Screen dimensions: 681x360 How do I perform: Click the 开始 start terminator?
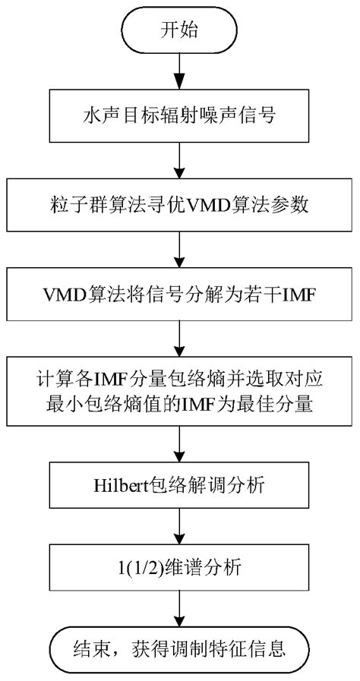(179, 32)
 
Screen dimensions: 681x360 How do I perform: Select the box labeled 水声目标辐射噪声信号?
(179, 120)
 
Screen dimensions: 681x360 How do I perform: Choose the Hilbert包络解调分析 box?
(179, 482)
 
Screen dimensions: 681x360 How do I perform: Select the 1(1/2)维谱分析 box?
(179, 566)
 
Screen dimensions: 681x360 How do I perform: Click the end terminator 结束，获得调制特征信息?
(179, 648)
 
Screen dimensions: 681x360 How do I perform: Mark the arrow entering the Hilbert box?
(179, 442)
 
